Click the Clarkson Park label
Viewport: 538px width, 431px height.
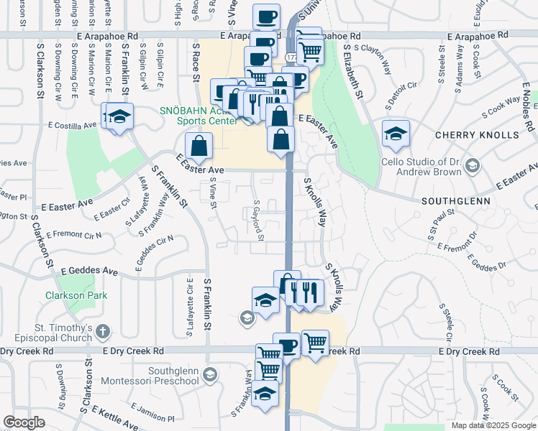pyautogui.click(x=76, y=295)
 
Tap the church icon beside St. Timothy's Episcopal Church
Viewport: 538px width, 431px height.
pyautogui.click(x=103, y=331)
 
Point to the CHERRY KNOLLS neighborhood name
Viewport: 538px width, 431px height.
pyautogui.click(x=477, y=135)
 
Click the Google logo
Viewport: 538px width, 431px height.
pyautogui.click(x=24, y=422)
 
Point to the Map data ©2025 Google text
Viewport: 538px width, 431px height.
pyautogui.click(x=493, y=425)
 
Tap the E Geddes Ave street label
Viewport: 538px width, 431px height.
pyautogui.click(x=89, y=272)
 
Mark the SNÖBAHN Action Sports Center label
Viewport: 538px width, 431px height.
pyautogui.click(x=199, y=116)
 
